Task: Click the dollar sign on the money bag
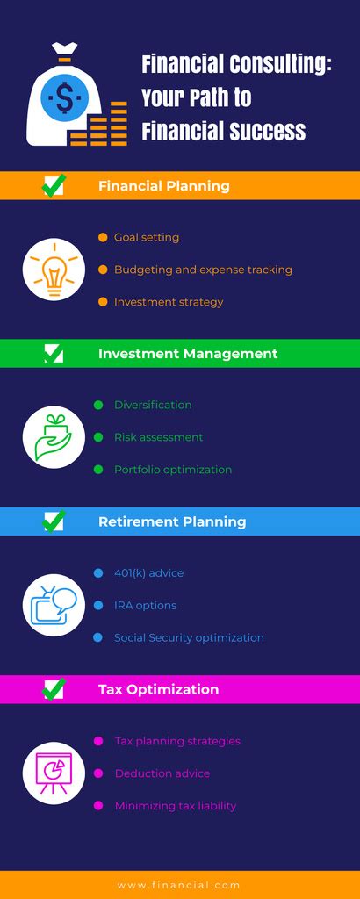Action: click(x=64, y=97)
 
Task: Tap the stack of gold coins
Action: click(x=104, y=125)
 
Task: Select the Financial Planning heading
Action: click(x=164, y=186)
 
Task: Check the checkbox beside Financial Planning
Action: click(x=54, y=185)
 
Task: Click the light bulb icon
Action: click(x=54, y=270)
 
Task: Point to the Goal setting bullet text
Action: click(x=147, y=237)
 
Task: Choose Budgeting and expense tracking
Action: click(x=203, y=270)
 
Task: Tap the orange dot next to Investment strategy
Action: click(x=102, y=302)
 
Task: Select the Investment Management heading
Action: click(x=188, y=354)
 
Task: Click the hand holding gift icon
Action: click(x=54, y=437)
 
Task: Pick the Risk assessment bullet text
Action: click(x=158, y=437)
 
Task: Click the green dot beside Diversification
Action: click(x=98, y=405)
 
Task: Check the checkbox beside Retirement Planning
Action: click(x=54, y=521)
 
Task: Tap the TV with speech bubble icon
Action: click(x=54, y=606)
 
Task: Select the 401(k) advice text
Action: click(x=148, y=573)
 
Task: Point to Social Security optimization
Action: click(x=189, y=638)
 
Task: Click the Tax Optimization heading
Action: click(x=158, y=689)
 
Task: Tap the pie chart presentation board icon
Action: click(x=54, y=773)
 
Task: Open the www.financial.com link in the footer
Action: click(x=178, y=886)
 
